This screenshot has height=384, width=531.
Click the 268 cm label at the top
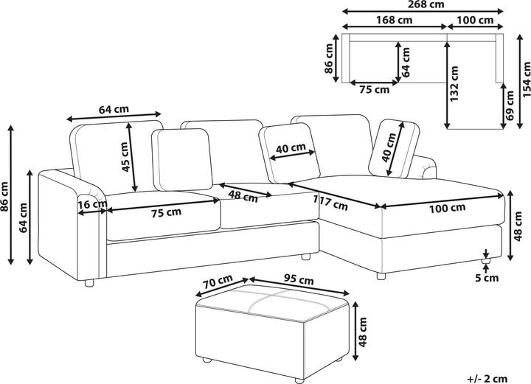(426, 4)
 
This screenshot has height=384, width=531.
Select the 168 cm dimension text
(394, 20)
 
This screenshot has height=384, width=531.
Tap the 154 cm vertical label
(526, 79)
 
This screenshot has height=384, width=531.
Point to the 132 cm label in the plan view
(454, 83)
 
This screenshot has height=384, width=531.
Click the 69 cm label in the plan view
(509, 105)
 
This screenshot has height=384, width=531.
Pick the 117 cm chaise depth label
(330, 202)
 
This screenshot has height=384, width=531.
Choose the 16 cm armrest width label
(92, 205)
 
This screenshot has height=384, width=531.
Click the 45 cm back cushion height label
(125, 157)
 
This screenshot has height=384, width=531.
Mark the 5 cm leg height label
(487, 278)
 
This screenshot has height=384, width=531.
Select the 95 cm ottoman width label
(299, 279)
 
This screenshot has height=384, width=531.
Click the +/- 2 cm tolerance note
(487, 379)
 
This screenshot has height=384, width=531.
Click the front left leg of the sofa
(89, 283)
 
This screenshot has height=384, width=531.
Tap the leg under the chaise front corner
(381, 276)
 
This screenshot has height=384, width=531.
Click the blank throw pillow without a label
(182, 160)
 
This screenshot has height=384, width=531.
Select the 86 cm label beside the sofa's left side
(4, 197)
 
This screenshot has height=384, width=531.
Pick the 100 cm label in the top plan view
(475, 20)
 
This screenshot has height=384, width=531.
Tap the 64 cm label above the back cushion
(114, 109)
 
